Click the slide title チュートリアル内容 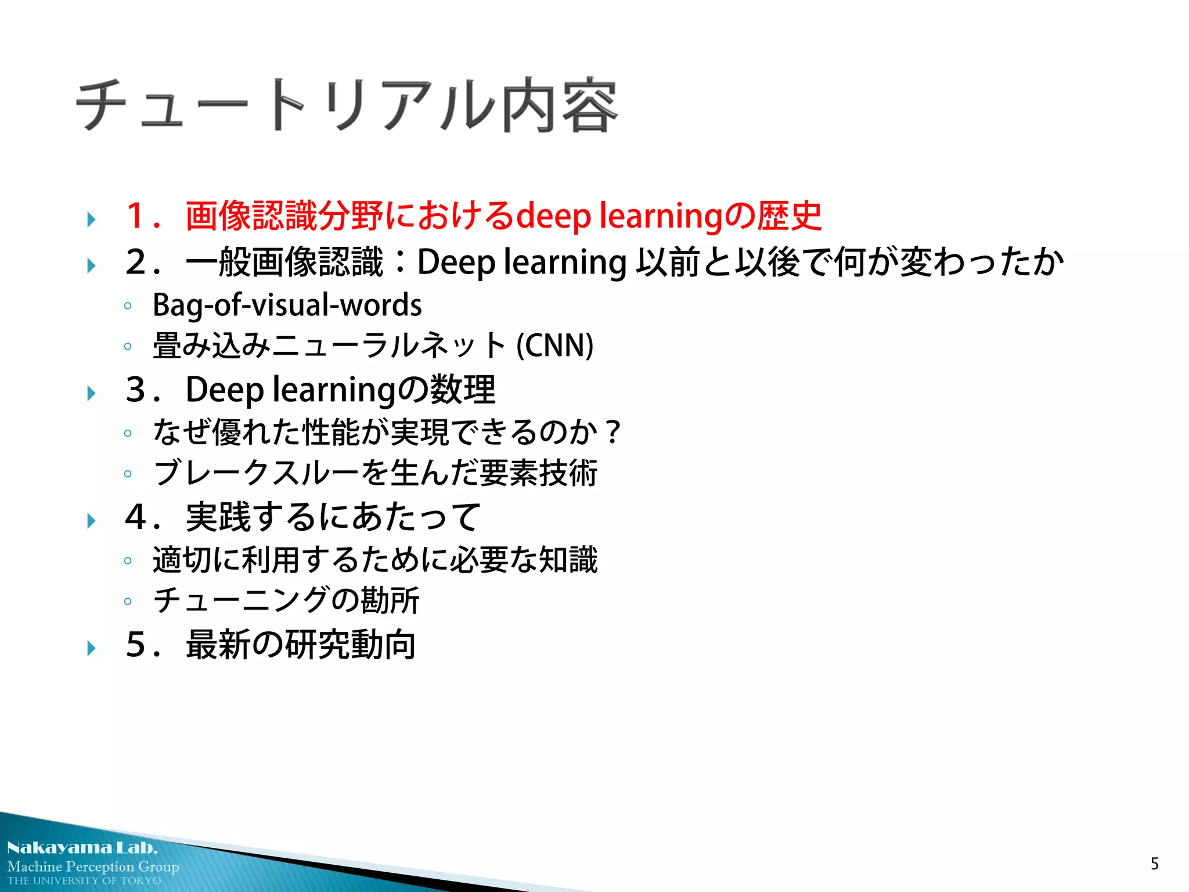click(347, 105)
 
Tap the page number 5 click(1154, 864)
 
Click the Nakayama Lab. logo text click(82, 848)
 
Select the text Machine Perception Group click(93, 866)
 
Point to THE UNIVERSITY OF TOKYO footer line click(84, 880)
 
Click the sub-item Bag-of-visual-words click(287, 305)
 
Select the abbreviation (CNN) click(554, 346)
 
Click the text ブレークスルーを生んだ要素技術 click(375, 473)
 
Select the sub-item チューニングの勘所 click(286, 600)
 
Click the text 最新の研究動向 click(301, 645)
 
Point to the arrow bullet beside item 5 click(91, 648)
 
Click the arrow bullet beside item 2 click(91, 265)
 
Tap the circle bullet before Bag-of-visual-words click(128, 306)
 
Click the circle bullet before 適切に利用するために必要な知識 click(128, 561)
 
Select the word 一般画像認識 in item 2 click(284, 262)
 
